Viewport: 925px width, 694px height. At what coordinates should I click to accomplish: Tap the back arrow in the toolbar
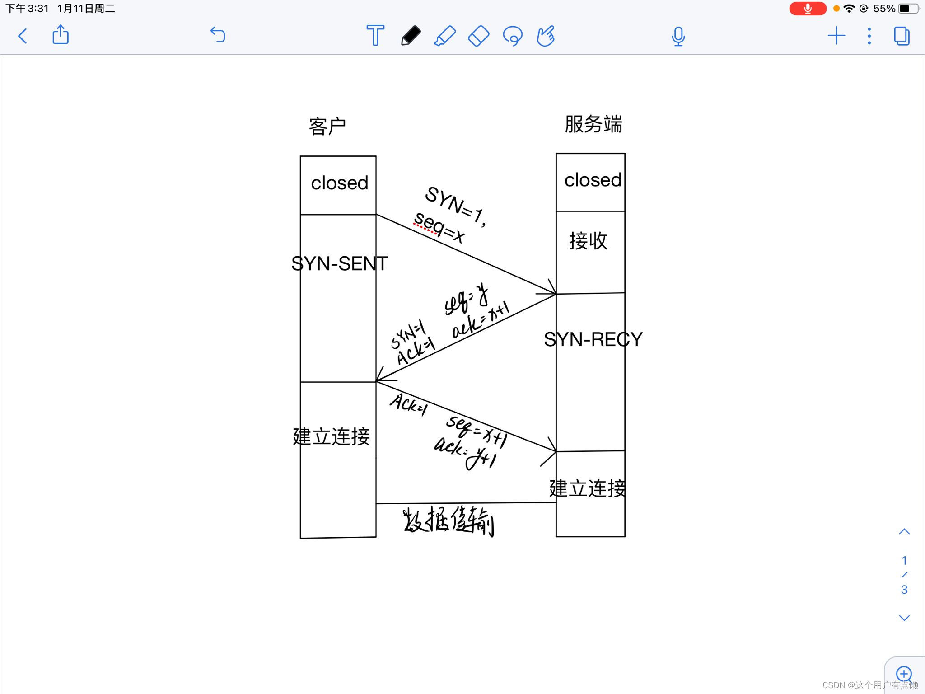point(23,36)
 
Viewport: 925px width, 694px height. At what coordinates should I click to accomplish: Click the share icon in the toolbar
point(61,35)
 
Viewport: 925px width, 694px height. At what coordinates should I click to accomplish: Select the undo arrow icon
point(218,35)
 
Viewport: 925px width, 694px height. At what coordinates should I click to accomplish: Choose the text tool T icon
point(375,35)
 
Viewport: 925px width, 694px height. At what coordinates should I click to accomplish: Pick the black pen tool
point(411,36)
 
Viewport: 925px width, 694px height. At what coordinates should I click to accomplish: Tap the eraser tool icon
point(478,36)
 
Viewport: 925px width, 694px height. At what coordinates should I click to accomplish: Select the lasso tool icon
point(513,36)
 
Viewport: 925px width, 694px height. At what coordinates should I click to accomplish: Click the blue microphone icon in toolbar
point(678,36)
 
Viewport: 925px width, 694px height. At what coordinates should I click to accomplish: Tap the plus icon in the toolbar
point(836,36)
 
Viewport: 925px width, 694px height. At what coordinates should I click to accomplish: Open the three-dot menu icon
point(869,36)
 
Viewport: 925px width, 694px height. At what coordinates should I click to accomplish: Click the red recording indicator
point(808,9)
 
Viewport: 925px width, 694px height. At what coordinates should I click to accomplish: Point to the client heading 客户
point(327,127)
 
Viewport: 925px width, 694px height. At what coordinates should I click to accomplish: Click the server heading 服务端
point(593,124)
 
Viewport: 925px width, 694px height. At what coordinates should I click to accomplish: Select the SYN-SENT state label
point(339,263)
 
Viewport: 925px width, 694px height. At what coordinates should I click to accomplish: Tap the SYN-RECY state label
point(593,339)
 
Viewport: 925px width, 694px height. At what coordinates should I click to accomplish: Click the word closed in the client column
point(339,183)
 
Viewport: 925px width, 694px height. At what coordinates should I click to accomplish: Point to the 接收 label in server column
point(588,241)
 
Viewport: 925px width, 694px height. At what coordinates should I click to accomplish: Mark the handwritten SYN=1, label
point(455,206)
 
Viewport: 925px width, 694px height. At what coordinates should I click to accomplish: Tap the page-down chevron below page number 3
point(904,618)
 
